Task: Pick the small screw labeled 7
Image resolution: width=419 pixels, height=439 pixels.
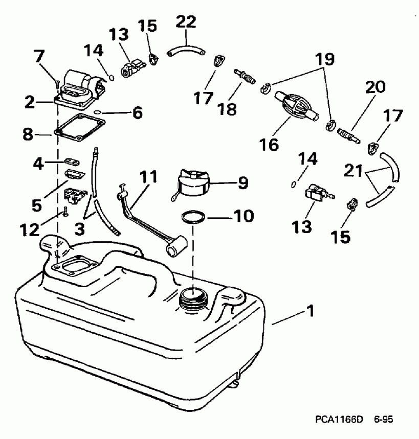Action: [56, 81]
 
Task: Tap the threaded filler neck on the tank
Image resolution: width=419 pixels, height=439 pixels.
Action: [193, 299]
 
